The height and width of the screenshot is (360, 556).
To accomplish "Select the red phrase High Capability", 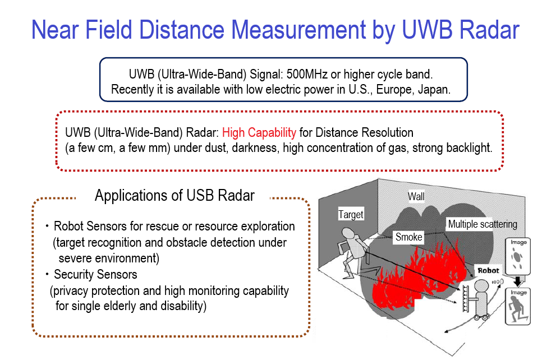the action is (259, 133).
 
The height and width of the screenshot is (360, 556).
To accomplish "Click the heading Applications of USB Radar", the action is (174, 196).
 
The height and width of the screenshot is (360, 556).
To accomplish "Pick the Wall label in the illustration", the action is (416, 196).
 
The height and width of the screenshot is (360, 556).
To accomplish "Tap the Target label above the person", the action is (351, 214).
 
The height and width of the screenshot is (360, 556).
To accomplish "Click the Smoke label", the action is (409, 237).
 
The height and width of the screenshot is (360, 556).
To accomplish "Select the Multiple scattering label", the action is (483, 224).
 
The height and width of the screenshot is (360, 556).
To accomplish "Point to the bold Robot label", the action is (488, 271).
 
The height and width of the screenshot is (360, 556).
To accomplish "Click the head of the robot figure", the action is (481, 286).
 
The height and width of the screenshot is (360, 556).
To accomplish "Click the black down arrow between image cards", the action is (518, 281).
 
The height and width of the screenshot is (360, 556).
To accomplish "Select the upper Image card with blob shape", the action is (518, 256).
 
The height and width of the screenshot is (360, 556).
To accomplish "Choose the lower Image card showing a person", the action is (518, 306).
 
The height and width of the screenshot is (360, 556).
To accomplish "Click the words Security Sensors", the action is (95, 275).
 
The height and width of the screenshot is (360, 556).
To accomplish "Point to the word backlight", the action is (469, 147).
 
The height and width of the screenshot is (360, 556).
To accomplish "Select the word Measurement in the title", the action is (298, 30).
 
